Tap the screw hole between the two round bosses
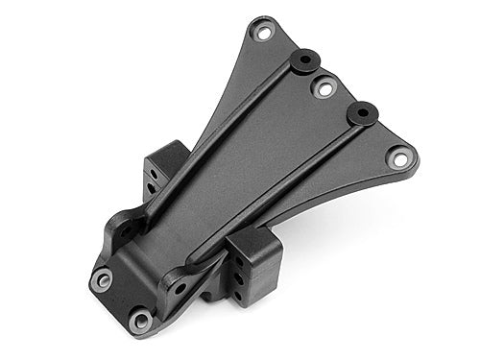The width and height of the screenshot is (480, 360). pyautogui.click(x=324, y=89)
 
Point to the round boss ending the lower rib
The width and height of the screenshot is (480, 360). pyautogui.click(x=363, y=112)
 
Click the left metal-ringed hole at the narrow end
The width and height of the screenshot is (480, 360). pyautogui.click(x=102, y=278)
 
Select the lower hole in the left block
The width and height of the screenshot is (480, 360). pyautogui.click(x=152, y=188)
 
